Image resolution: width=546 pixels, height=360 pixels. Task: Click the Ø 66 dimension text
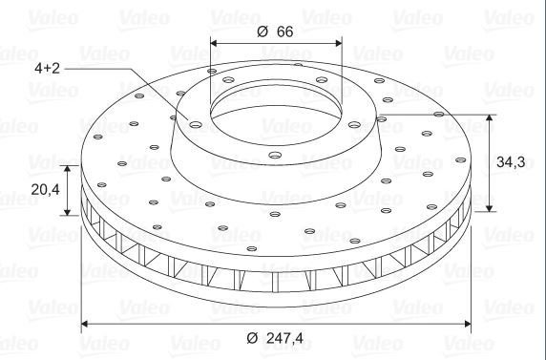[x=275, y=32]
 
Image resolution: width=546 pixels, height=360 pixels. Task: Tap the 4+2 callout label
[x=47, y=69]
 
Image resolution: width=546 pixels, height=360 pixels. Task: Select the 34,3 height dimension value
[x=511, y=162]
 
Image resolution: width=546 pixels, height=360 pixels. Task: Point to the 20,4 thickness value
[x=45, y=190]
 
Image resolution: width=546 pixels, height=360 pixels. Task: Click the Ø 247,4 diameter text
[x=275, y=338]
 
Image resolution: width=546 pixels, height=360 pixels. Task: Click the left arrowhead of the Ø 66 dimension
[x=214, y=43]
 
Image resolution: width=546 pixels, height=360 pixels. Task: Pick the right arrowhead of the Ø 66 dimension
[x=339, y=43]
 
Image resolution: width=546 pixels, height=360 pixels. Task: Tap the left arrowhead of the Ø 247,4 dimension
[x=84, y=324]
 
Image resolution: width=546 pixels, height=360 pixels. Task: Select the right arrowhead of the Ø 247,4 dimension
[x=468, y=324]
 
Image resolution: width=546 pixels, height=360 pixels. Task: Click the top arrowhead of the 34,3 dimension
[x=490, y=117]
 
